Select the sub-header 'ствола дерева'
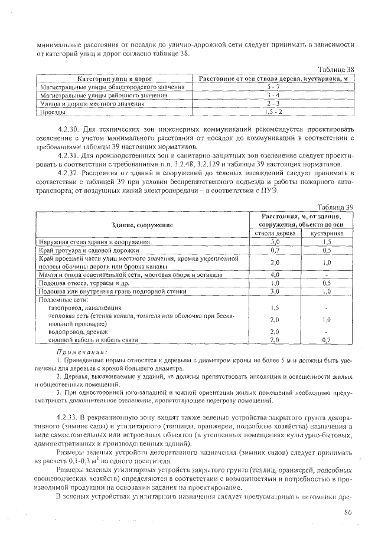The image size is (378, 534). pyautogui.click(x=274, y=234)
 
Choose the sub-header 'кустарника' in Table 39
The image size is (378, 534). pyautogui.click(x=326, y=234)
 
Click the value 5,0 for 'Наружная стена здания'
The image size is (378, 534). pyautogui.click(x=274, y=242)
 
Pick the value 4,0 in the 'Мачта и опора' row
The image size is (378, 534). pyautogui.click(x=274, y=274)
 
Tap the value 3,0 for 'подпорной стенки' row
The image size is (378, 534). pyautogui.click(x=274, y=291)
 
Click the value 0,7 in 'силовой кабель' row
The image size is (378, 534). pyautogui.click(x=326, y=340)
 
